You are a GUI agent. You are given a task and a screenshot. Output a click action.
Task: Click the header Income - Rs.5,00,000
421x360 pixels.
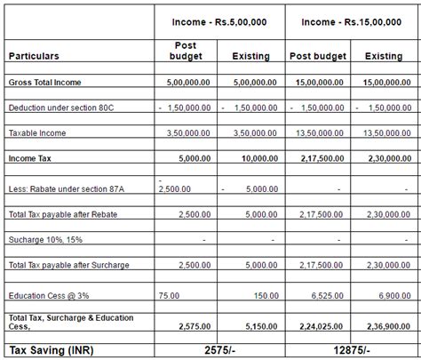coord(218,21)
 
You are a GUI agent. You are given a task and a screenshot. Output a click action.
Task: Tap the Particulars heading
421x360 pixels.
coord(34,56)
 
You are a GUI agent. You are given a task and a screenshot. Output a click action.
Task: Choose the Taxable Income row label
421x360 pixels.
coord(37,132)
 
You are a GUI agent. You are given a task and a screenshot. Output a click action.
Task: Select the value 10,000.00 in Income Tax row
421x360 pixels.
coord(250,157)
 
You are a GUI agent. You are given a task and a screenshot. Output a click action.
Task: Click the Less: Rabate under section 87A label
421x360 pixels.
coord(67,188)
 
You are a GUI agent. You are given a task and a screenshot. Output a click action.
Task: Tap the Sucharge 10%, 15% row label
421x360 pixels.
coord(50,239)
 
